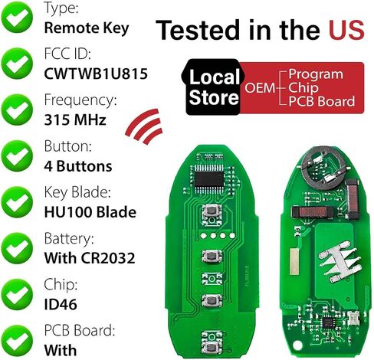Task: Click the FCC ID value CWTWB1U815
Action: pyautogui.click(x=96, y=74)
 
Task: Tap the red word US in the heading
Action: pyautogui.click(x=346, y=30)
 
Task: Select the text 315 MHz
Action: pyautogui.click(x=75, y=119)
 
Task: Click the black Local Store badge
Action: pyautogui.click(x=213, y=87)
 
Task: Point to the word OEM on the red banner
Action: pyautogui.click(x=260, y=87)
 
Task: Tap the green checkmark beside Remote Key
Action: pyautogui.click(x=17, y=18)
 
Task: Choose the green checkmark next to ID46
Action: pyautogui.click(x=17, y=294)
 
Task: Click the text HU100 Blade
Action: pyautogui.click(x=90, y=212)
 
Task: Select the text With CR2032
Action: pyautogui.click(x=90, y=258)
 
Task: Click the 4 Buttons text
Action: pyautogui.click(x=78, y=166)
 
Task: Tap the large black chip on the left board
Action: pyautogui.click(x=209, y=179)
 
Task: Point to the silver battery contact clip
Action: pyautogui.click(x=340, y=262)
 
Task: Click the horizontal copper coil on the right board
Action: pyautogui.click(x=313, y=212)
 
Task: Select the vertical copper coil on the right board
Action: pyautogui.click(x=352, y=199)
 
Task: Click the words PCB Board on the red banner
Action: pyautogui.click(x=322, y=101)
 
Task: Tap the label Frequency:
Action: pyautogui.click(x=80, y=100)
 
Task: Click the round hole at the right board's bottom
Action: pyautogui.click(x=298, y=345)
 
